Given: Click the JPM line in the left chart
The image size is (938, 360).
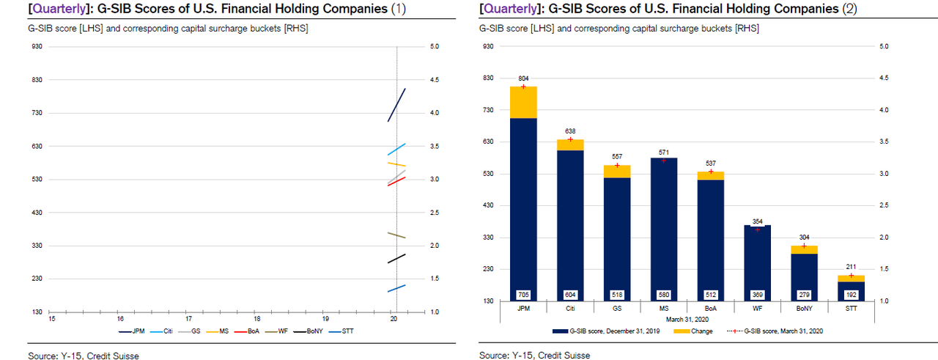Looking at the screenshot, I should [396, 105].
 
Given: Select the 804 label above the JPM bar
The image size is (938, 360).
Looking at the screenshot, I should [523, 78].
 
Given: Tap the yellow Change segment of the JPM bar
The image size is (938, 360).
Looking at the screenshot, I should [523, 102].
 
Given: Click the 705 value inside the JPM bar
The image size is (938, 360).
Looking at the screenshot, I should [523, 295].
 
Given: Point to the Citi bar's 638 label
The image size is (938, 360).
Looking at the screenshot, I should [570, 131].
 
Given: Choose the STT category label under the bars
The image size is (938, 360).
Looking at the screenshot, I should [851, 309].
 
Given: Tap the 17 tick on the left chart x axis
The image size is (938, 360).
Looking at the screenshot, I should [188, 319].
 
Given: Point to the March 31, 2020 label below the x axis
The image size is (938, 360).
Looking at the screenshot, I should [687, 317].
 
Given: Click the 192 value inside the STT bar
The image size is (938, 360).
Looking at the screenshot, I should [851, 295].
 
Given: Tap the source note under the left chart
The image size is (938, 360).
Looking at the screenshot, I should [83, 356].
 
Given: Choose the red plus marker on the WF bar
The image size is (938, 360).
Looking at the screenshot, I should [757, 229].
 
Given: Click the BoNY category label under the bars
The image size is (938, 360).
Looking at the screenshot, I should [804, 309].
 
